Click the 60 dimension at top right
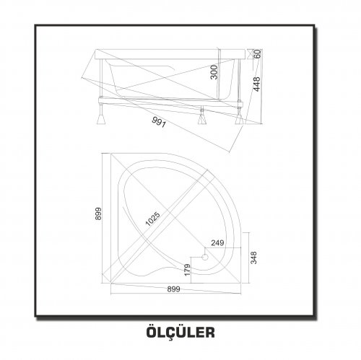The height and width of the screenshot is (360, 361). pyautogui.click(x=257, y=53)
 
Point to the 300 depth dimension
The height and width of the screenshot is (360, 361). pyautogui.click(x=214, y=72)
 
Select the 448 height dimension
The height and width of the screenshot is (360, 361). pyautogui.click(x=257, y=84)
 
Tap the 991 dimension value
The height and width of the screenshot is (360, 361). pyautogui.click(x=159, y=122)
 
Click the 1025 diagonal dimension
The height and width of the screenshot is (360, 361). pyautogui.click(x=153, y=219)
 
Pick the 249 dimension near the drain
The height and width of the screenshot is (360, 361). pyautogui.click(x=217, y=243)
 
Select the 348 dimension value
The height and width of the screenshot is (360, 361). pyautogui.click(x=253, y=258)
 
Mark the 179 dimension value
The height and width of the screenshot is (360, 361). pyautogui.click(x=188, y=270)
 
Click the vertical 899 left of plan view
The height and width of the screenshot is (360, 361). pyautogui.click(x=98, y=214)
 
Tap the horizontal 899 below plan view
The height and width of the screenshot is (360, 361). pyautogui.click(x=173, y=289)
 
